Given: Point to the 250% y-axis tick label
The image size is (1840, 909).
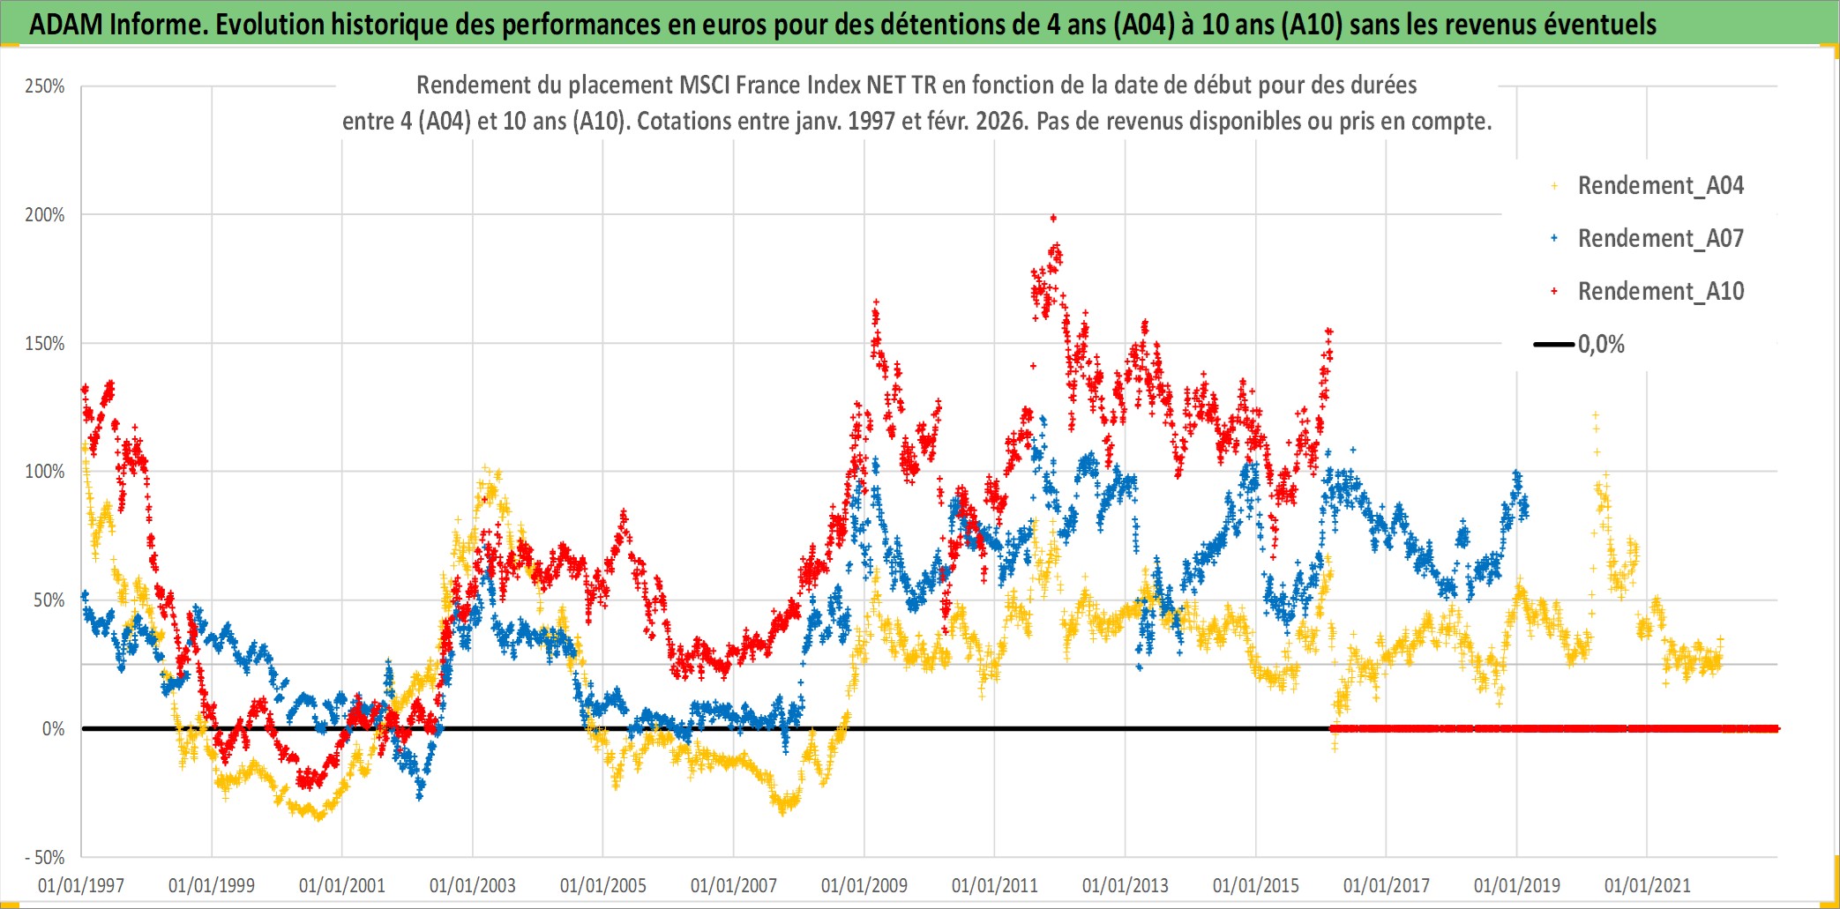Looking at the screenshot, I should pos(45,86).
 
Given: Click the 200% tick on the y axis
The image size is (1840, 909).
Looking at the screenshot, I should pos(45,215).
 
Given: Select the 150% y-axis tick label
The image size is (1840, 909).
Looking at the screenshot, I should pos(45,344).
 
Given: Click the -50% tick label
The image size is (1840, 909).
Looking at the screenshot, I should pos(44,858).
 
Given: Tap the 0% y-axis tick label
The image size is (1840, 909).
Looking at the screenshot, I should pos(53,729).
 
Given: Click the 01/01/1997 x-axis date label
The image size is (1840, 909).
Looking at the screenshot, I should pos(81,885).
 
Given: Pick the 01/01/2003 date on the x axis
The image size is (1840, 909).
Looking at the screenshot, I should pos(473,885).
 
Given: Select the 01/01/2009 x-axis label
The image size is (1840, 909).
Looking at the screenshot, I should pos(864,885).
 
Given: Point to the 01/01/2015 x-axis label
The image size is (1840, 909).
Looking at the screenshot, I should pos(1256,885).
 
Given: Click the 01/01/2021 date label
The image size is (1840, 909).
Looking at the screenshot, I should pos(1648,885).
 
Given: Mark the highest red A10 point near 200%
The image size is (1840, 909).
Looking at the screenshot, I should pos(1053,218).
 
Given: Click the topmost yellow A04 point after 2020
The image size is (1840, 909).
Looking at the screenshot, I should pos(1595,414).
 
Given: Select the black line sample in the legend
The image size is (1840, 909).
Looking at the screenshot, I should pos(1554,345).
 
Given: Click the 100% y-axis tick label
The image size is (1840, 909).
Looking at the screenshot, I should pos(45,472).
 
